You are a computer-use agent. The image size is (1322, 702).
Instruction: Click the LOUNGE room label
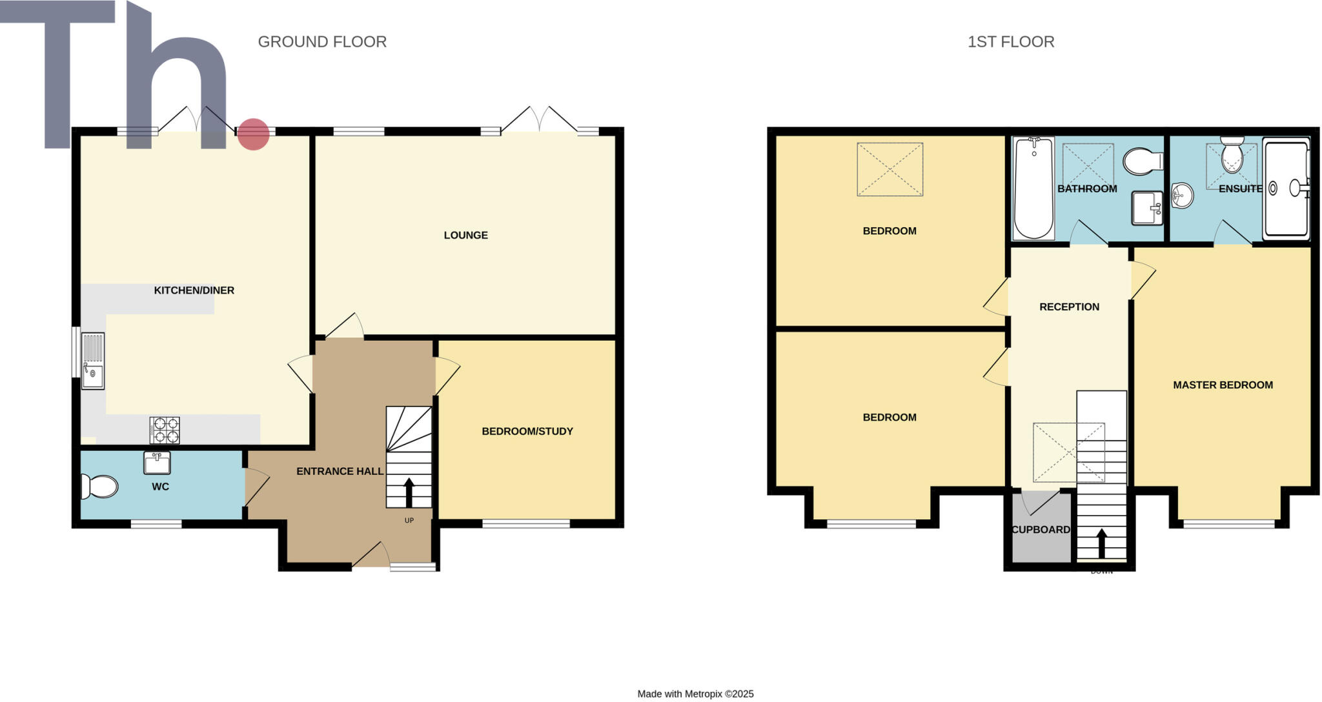point(465,236)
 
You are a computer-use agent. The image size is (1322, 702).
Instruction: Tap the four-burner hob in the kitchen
point(165,430)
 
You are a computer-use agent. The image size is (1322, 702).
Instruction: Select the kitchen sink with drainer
point(92,360)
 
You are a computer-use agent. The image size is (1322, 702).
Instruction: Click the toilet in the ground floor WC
point(99,486)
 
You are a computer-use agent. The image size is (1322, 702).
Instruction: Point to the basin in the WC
point(157,463)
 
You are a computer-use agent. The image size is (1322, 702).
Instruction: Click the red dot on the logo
point(253,134)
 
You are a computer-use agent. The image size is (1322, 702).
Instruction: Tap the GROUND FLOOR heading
point(322,42)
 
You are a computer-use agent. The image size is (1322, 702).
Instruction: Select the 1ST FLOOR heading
point(1010,42)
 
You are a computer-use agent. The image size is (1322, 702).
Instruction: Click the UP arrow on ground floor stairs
point(409,492)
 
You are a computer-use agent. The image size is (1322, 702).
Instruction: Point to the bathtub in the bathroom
point(1033,188)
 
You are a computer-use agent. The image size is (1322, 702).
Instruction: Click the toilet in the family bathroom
point(1143,161)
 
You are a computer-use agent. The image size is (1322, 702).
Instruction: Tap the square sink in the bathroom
point(1147,208)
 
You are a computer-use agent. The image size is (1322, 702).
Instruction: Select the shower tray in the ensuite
point(1286,188)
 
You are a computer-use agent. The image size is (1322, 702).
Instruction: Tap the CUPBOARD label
point(1041,530)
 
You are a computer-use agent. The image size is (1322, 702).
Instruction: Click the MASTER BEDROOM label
point(1223,385)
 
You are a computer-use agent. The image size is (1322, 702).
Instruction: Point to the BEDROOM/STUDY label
point(527,432)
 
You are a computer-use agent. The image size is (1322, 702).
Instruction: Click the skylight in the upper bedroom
point(890,169)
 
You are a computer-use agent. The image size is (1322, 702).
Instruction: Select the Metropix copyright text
point(695,694)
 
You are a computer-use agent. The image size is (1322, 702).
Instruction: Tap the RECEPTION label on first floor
point(1069,307)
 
